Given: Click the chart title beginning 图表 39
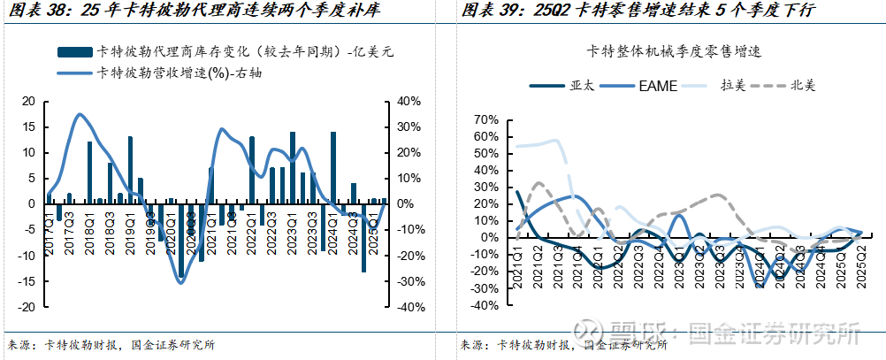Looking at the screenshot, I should click(637, 11).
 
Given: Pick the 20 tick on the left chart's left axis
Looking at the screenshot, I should click(28, 102).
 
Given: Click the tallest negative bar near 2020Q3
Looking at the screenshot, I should click(181, 241).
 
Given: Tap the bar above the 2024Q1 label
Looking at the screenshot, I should click(333, 168).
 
